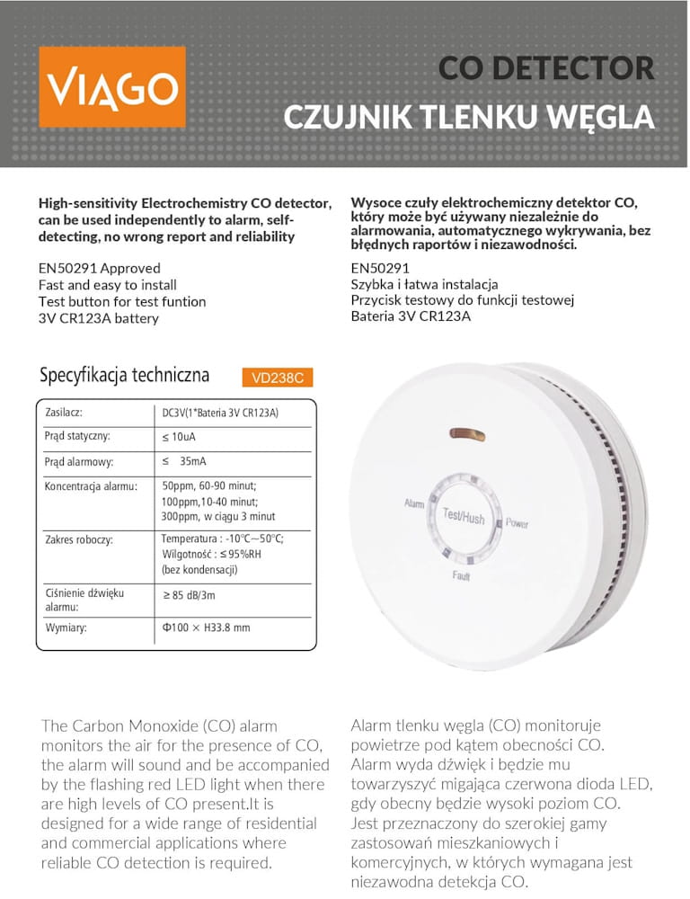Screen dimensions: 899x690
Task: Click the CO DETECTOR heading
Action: pyautogui.click(x=545, y=68)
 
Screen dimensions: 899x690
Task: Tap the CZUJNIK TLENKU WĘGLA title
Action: pyautogui.click(x=468, y=118)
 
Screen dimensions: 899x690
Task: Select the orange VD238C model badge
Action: pyautogui.click(x=277, y=378)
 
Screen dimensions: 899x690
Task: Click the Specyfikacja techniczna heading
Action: pyautogui.click(x=124, y=375)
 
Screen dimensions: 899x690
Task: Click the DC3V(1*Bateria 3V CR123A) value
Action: pyautogui.click(x=220, y=413)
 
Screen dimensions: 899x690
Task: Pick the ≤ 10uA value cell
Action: pyautogui.click(x=179, y=437)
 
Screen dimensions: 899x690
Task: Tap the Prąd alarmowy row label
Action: pyautogui.click(x=78, y=462)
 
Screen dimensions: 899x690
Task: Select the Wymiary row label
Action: pyautogui.click(x=66, y=628)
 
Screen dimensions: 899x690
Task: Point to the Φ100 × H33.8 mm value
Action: pyautogui.click(x=206, y=628)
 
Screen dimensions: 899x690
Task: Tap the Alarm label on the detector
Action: pyautogui.click(x=413, y=503)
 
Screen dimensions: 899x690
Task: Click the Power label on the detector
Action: pyautogui.click(x=517, y=523)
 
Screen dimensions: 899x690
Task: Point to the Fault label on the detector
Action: pyautogui.click(x=461, y=575)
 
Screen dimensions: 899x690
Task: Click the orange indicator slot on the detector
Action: pyautogui.click(x=467, y=435)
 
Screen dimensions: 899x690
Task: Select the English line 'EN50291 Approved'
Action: pyautogui.click(x=100, y=268)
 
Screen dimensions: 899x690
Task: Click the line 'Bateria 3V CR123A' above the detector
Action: pyautogui.click(x=411, y=316)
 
